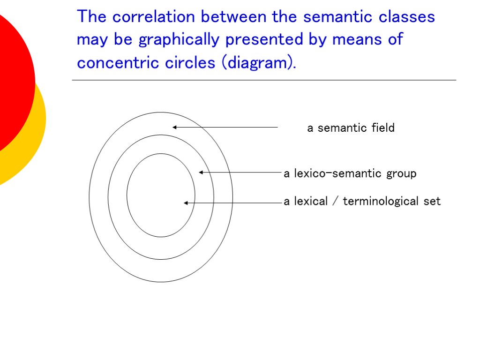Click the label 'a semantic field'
click(x=351, y=128)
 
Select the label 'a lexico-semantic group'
click(x=350, y=174)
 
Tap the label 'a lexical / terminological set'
click(x=362, y=202)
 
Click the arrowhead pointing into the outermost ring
click(x=174, y=127)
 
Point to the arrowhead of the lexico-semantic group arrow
click(x=201, y=172)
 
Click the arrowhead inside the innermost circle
click(x=186, y=203)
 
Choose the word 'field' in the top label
click(x=383, y=128)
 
